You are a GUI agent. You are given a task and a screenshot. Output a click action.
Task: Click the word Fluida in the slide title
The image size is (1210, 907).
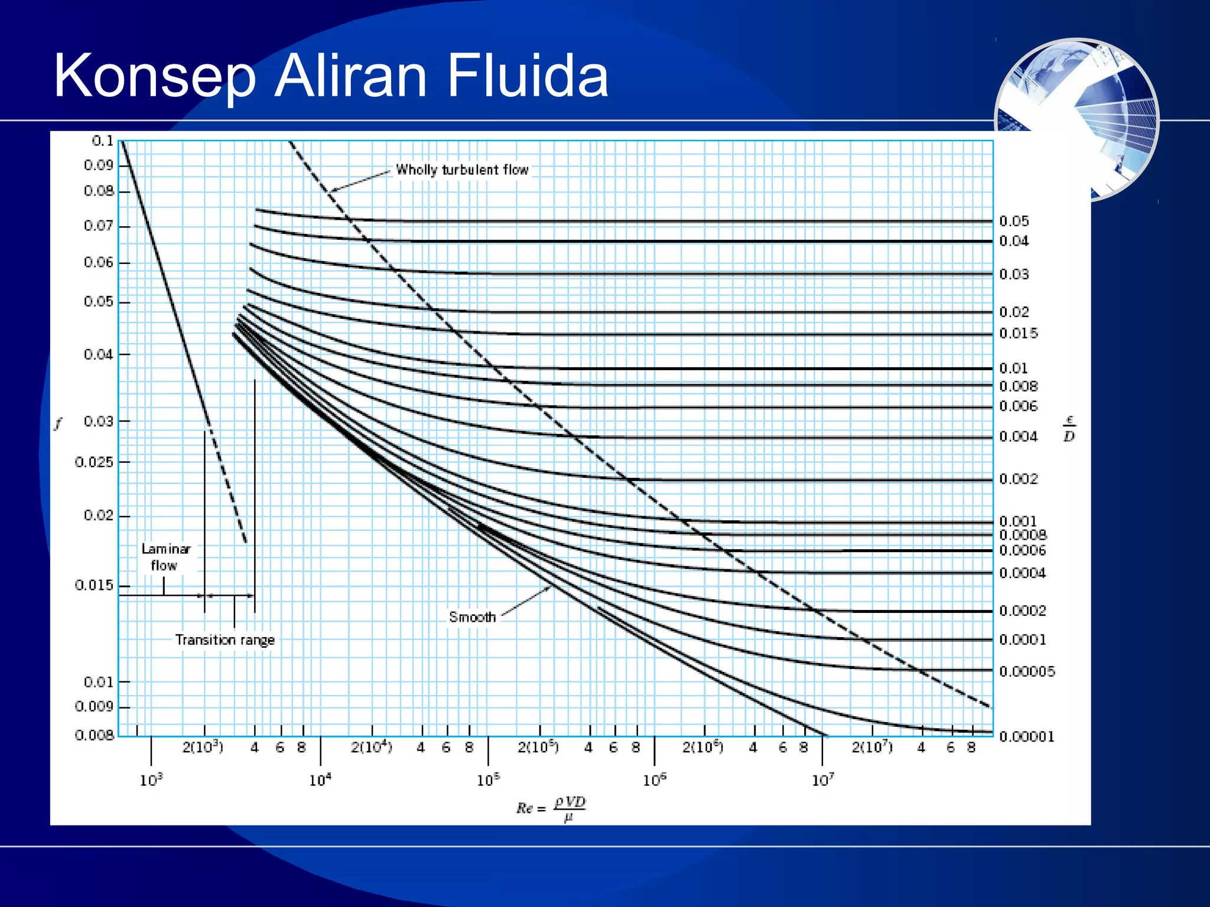[x=527, y=76]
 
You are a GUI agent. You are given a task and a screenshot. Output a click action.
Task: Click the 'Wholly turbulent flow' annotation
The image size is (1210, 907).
[x=462, y=170]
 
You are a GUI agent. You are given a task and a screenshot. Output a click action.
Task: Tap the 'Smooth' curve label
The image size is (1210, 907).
[x=472, y=617]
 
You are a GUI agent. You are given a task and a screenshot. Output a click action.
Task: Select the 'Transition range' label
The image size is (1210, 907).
[x=225, y=640]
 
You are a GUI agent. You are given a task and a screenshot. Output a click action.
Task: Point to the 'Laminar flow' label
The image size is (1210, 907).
[x=165, y=557]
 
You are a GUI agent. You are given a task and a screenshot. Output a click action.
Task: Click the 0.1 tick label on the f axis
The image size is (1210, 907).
[x=102, y=141]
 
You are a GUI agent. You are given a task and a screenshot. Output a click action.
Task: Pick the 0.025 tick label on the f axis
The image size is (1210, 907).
[x=94, y=462]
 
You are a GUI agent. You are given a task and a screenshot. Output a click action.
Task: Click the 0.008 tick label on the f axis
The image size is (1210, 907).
[x=94, y=735]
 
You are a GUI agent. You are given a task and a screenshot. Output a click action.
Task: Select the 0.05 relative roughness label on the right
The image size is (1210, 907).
[x=1014, y=221]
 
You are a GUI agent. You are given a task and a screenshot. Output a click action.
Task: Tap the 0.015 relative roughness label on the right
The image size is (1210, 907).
[x=1018, y=334]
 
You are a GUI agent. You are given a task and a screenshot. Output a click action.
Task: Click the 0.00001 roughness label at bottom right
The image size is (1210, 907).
[x=1026, y=736]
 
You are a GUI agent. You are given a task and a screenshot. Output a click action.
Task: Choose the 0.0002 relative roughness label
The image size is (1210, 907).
[x=1022, y=611]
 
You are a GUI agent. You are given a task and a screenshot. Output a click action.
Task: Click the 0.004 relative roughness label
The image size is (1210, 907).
[x=1018, y=437]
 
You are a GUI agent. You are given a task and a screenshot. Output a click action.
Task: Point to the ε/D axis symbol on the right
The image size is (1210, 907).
[x=1069, y=429]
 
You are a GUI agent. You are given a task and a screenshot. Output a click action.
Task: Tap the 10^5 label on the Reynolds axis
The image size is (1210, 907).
[x=488, y=780]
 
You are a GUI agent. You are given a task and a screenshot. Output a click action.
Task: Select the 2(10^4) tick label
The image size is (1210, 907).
[x=372, y=748]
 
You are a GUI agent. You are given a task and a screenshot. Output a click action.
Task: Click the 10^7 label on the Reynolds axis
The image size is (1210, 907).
[x=823, y=780]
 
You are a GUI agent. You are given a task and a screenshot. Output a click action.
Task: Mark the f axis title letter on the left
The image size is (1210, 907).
[x=58, y=423]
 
